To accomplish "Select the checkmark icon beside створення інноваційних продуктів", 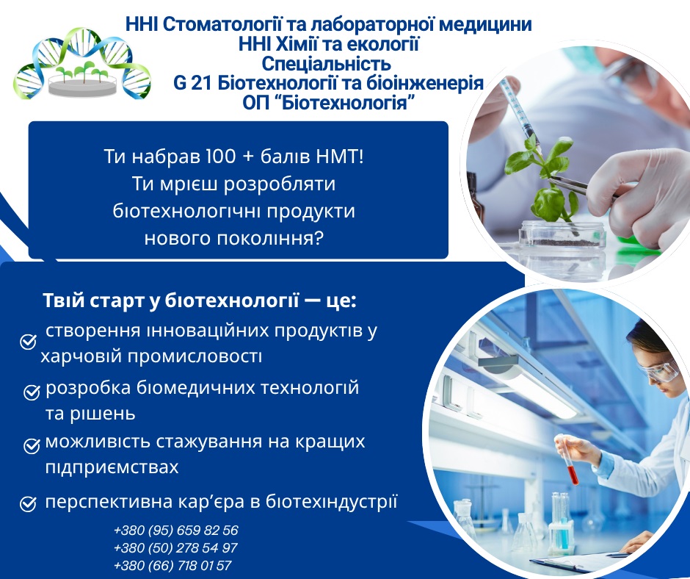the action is (28, 342).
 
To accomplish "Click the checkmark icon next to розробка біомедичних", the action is (32, 392).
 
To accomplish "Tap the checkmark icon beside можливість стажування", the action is (32, 446).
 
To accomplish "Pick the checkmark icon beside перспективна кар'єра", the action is (28, 503).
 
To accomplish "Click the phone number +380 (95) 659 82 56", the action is (176, 530).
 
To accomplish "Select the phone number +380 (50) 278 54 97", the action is (175, 547).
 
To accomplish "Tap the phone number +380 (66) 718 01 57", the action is (172, 565).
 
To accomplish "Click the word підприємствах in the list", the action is (112, 467).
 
